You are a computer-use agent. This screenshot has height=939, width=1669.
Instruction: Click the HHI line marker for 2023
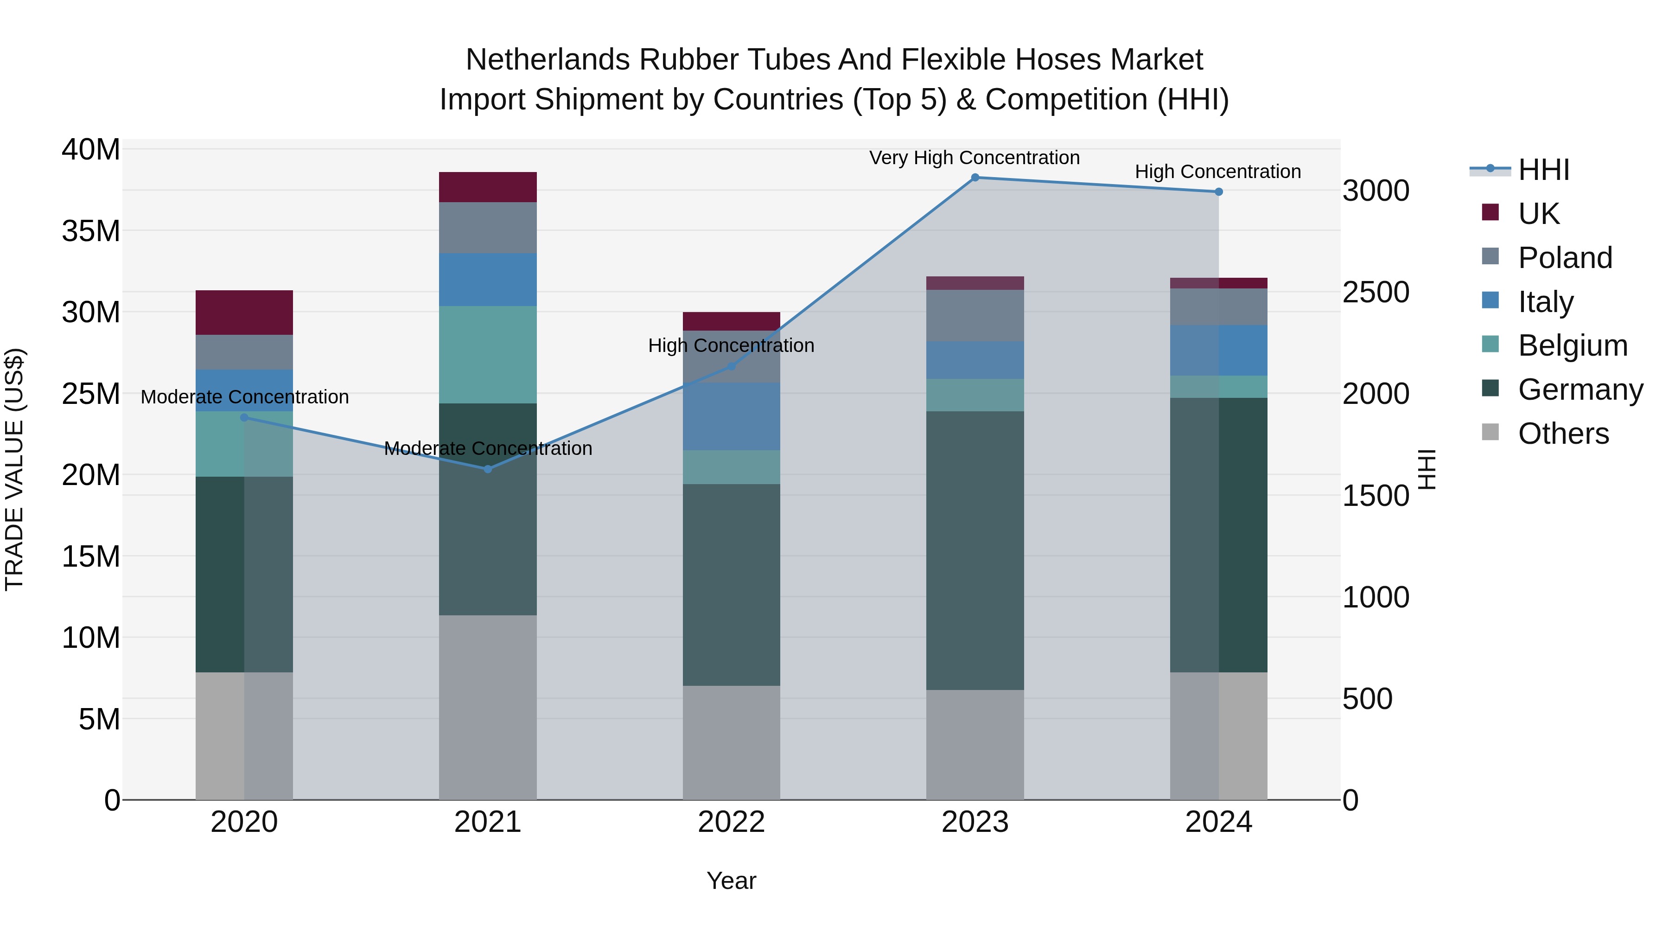click(975, 178)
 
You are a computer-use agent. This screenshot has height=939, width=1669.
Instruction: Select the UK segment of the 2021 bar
click(488, 187)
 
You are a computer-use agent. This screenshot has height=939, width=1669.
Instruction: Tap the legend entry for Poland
click(1564, 258)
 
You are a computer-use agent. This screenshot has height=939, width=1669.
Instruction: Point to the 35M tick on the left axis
click(91, 231)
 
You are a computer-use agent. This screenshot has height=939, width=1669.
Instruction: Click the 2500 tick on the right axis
click(1375, 292)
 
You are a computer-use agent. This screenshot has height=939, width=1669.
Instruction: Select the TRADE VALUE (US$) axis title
click(14, 469)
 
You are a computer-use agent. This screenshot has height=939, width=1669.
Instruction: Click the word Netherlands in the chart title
click(548, 60)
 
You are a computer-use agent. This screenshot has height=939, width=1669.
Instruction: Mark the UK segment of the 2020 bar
click(244, 313)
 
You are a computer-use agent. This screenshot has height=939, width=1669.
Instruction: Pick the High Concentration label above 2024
click(1217, 172)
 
